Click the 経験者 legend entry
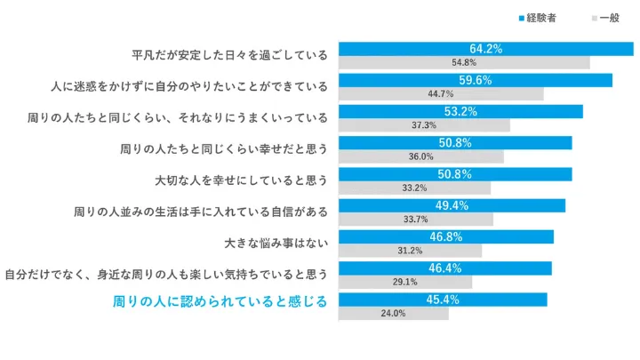click(537, 18)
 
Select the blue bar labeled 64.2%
click(485, 49)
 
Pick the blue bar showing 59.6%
click(475, 80)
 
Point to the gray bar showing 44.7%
click(441, 94)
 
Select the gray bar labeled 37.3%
click(424, 125)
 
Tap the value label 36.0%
click(420, 156)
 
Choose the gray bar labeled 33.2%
click(414, 188)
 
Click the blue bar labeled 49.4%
click(452, 205)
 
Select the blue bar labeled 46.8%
click(445, 236)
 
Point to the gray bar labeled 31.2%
click(410, 251)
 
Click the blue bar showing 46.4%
click(444, 268)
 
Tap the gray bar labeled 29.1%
click(405, 282)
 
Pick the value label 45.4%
click(442, 299)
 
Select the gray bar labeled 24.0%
click(393, 313)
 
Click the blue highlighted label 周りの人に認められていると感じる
click(220, 301)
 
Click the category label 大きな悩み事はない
click(276, 241)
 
